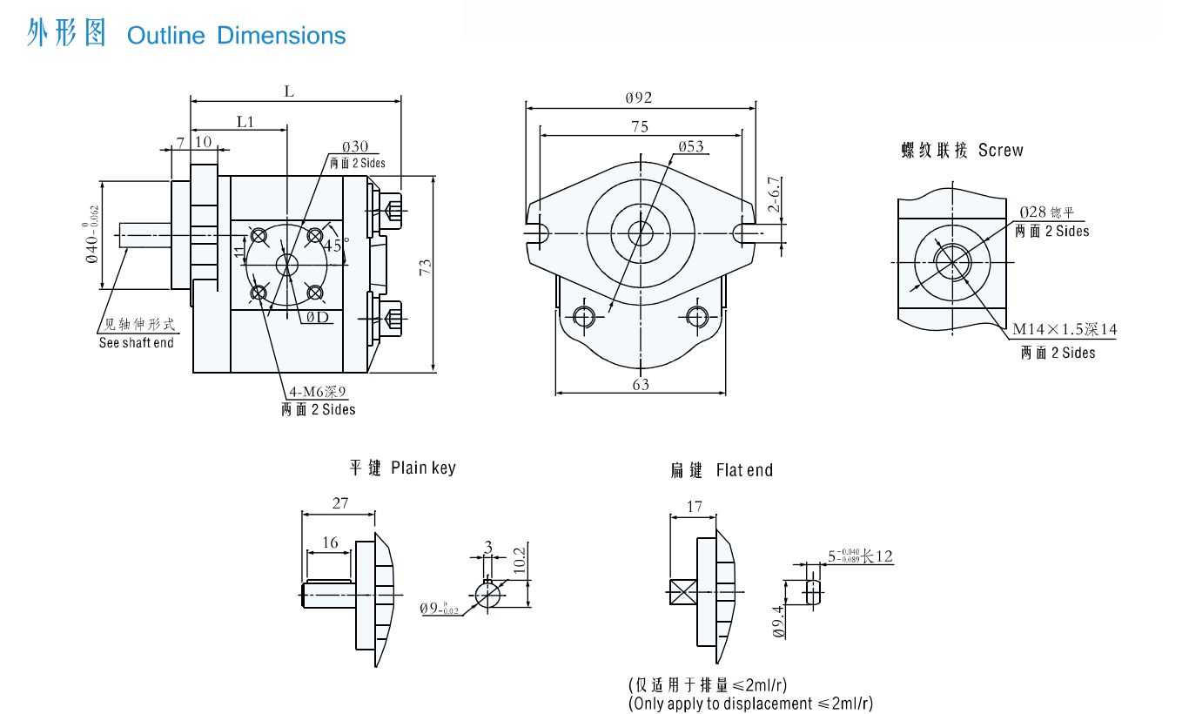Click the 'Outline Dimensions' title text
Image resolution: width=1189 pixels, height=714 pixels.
coord(236,36)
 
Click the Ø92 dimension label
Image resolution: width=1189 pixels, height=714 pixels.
coord(639,98)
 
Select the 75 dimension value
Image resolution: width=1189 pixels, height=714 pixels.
coord(640,126)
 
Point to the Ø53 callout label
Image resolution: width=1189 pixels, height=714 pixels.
coord(691,146)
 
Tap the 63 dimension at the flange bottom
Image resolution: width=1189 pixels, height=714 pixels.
coord(641,384)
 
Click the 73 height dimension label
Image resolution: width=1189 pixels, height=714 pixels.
coord(426,267)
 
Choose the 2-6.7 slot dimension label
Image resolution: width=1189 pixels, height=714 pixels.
coord(774,194)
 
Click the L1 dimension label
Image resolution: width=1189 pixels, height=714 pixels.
coord(245,122)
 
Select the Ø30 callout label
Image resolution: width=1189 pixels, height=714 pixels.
coord(355,146)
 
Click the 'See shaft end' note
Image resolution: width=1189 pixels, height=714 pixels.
coord(136,343)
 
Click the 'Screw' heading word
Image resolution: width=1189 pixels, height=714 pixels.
coord(1000,151)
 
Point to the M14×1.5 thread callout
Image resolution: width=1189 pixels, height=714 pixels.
coord(1064,330)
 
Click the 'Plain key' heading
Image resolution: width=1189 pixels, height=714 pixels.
coord(423,468)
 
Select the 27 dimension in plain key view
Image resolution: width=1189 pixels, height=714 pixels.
coord(340,502)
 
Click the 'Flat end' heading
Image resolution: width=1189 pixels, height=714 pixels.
coord(744,471)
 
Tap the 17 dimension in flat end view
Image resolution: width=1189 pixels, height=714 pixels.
coord(694,506)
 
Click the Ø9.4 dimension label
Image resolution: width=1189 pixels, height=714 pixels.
coord(779,622)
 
